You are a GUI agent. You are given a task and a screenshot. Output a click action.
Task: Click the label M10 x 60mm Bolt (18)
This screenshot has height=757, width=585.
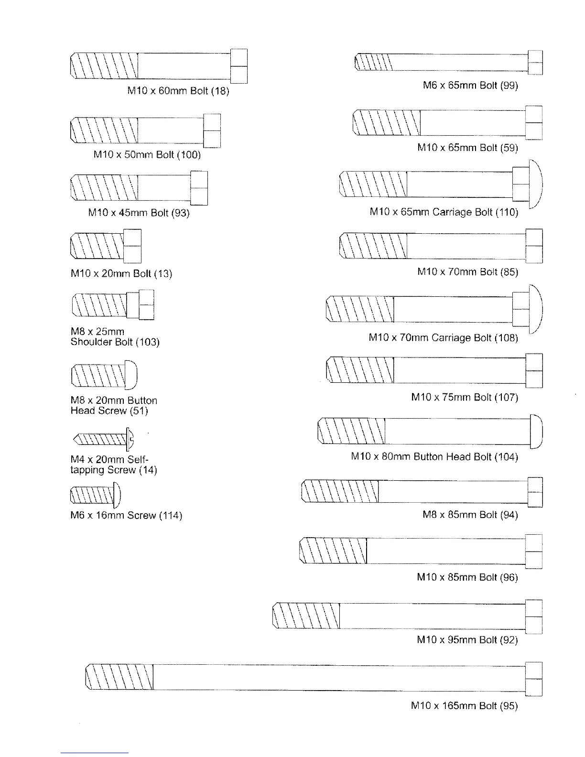coord(178,91)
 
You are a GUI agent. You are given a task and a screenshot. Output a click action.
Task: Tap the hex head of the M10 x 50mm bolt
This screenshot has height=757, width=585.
coord(212,130)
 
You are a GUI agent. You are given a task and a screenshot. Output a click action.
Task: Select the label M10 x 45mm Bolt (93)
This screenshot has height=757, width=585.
coord(139,213)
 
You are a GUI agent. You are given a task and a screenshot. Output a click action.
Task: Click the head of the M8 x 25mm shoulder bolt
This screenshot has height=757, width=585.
coord(146,305)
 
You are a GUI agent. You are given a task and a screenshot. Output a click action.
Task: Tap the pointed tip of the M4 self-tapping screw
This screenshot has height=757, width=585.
coord(76,438)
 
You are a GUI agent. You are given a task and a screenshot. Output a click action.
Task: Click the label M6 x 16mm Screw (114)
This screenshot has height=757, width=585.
coord(126,515)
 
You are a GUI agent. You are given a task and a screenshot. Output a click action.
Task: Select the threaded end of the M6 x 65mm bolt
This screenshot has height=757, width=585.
coord(373,63)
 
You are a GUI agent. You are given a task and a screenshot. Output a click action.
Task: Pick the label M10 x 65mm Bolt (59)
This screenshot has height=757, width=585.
coord(467,148)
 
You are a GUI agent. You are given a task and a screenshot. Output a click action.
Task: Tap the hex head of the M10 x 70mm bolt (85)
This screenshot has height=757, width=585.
coord(534,246)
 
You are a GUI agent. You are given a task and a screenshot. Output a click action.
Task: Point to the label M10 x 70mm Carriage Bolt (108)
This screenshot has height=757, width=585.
coord(443,338)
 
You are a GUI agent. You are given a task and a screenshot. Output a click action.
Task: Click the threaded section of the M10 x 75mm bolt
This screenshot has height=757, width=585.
coord(359,370)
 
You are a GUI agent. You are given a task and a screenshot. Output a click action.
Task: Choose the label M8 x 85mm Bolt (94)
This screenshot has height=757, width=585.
coord(470,515)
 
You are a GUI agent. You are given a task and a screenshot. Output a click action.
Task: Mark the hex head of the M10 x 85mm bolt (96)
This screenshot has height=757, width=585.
coord(534,552)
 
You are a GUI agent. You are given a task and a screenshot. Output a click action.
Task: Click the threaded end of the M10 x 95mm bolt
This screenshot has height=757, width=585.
coord(306,616)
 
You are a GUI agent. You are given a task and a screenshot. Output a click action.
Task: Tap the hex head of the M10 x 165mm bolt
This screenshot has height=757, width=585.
coord(534,679)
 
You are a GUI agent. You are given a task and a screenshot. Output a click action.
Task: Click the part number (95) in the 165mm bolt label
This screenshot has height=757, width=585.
coord(509,706)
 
